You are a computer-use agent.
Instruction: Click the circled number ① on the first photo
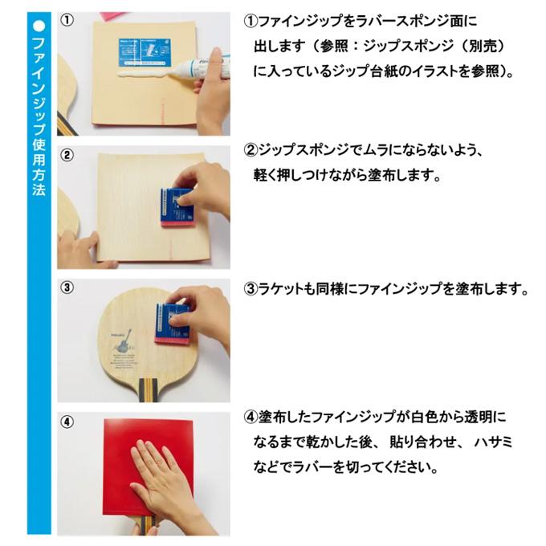click(67, 20)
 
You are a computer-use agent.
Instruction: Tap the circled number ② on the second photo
click(67, 155)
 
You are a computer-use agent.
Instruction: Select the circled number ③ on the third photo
click(67, 287)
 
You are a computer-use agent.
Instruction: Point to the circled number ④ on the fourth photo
click(67, 422)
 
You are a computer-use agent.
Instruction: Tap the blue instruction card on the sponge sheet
click(145, 52)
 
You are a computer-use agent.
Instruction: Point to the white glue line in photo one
click(144, 74)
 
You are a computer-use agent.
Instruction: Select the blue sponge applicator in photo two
click(177, 208)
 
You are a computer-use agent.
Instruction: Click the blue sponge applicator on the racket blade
click(173, 324)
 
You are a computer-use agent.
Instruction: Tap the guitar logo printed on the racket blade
click(124, 340)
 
